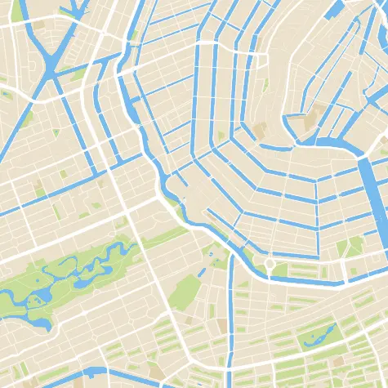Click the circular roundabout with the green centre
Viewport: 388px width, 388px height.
269,264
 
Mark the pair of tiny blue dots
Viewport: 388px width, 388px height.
211,256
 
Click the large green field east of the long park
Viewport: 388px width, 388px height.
186,290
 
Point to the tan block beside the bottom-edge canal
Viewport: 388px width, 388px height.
155,372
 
